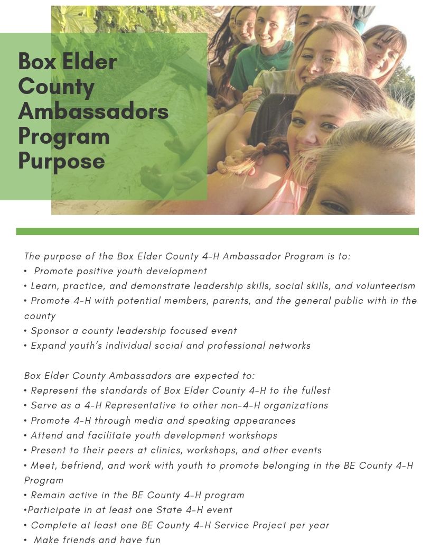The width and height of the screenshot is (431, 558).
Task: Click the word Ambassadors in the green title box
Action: [93, 111]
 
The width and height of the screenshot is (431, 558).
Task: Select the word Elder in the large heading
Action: [89, 62]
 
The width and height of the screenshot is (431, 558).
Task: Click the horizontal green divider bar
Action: [217, 231]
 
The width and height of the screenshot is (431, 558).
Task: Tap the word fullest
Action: [316, 390]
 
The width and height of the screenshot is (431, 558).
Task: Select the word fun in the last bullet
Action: [153, 540]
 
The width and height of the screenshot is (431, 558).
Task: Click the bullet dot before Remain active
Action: [25, 495]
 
